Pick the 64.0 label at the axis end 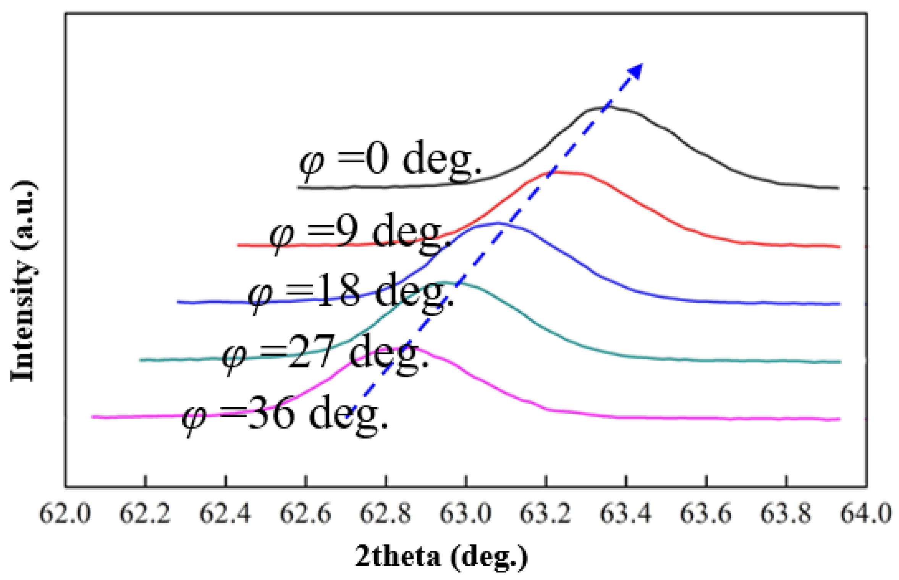pos(866,513)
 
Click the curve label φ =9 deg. pos(359,233)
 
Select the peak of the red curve pos(561,172)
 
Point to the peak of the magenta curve pos(397,348)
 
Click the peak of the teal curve pos(449,283)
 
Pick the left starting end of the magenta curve pos(93,416)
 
